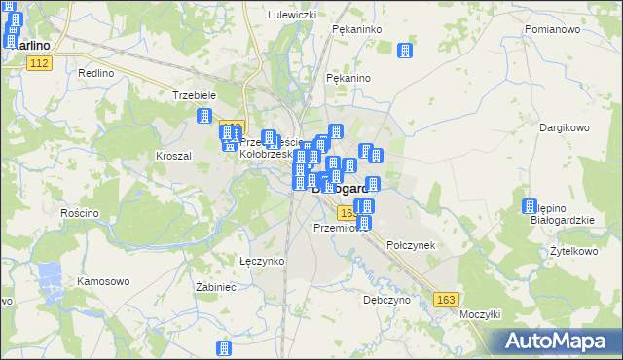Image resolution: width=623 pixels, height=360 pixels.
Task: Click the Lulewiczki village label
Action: coord(292,16)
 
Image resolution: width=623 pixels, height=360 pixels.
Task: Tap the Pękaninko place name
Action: coord(355,30)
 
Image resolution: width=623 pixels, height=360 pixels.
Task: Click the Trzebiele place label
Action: coord(193,95)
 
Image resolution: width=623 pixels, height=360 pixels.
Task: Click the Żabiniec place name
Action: coord(216,287)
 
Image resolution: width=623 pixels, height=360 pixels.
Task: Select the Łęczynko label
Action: coord(261,261)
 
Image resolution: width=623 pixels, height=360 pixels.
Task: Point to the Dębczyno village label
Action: coord(385,301)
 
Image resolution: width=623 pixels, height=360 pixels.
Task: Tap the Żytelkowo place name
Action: coord(572,251)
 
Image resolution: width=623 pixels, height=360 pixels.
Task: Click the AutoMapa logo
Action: coord(559,342)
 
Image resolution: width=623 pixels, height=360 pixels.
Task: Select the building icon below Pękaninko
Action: coord(405,51)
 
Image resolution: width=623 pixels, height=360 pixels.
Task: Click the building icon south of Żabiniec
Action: coord(225,347)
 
